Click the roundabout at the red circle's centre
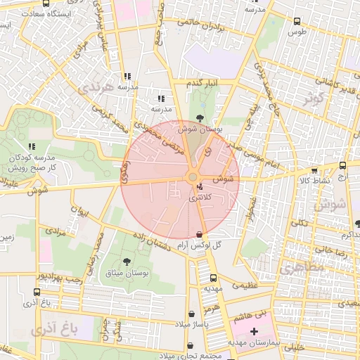click(x=193, y=177)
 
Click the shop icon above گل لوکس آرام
click(x=200, y=234)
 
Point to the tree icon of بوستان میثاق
click(x=126, y=262)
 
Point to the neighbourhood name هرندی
click(x=94, y=87)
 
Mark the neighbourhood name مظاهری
click(x=302, y=269)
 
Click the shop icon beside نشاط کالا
click(x=314, y=170)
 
